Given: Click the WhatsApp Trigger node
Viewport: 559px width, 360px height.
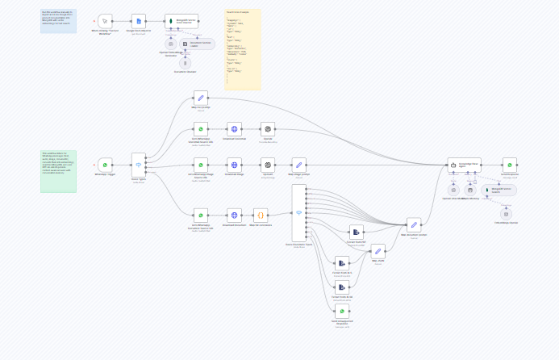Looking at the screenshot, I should click(105, 165).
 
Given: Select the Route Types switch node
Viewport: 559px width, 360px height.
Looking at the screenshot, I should click(138, 165).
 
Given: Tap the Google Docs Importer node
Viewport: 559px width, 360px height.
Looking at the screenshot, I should click(138, 20).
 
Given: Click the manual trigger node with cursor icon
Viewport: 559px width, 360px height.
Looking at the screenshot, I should click(105, 20).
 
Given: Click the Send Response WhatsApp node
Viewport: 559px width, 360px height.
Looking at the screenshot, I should click(509, 165).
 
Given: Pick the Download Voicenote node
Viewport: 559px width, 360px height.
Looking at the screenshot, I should click(234, 129).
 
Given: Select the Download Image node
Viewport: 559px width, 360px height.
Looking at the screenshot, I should click(234, 165).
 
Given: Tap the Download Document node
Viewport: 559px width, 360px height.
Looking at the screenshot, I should click(234, 216).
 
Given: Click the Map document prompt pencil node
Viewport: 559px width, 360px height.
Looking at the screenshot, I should click(414, 225).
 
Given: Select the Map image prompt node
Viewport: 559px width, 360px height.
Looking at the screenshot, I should click(298, 165).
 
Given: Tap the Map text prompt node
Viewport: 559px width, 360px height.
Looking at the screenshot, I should click(200, 97).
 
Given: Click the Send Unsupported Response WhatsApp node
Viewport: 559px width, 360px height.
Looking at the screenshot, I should click(342, 312).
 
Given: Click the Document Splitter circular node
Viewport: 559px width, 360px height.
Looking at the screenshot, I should click(186, 62).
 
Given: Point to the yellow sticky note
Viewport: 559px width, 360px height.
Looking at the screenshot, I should click(243, 49).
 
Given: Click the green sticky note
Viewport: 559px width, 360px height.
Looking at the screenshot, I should click(58, 170).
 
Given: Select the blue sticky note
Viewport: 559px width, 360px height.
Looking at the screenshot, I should click(58, 20).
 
